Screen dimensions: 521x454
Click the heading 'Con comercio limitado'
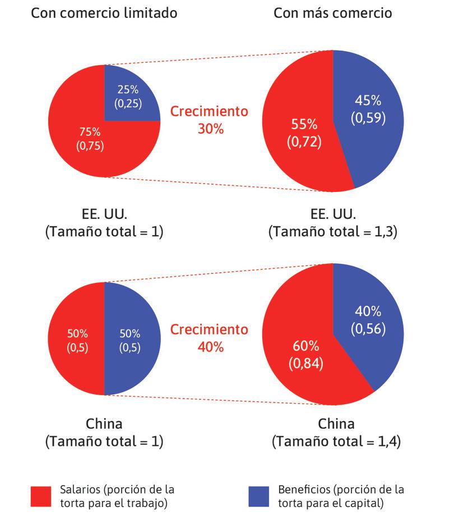[x=104, y=13]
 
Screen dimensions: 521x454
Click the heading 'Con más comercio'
[x=332, y=13]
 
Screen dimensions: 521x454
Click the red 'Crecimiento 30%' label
[x=209, y=120]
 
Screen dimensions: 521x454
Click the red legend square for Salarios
[x=41, y=496]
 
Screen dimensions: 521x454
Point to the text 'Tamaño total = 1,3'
[x=333, y=232]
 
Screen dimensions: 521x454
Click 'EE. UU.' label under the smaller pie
[x=104, y=214]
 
